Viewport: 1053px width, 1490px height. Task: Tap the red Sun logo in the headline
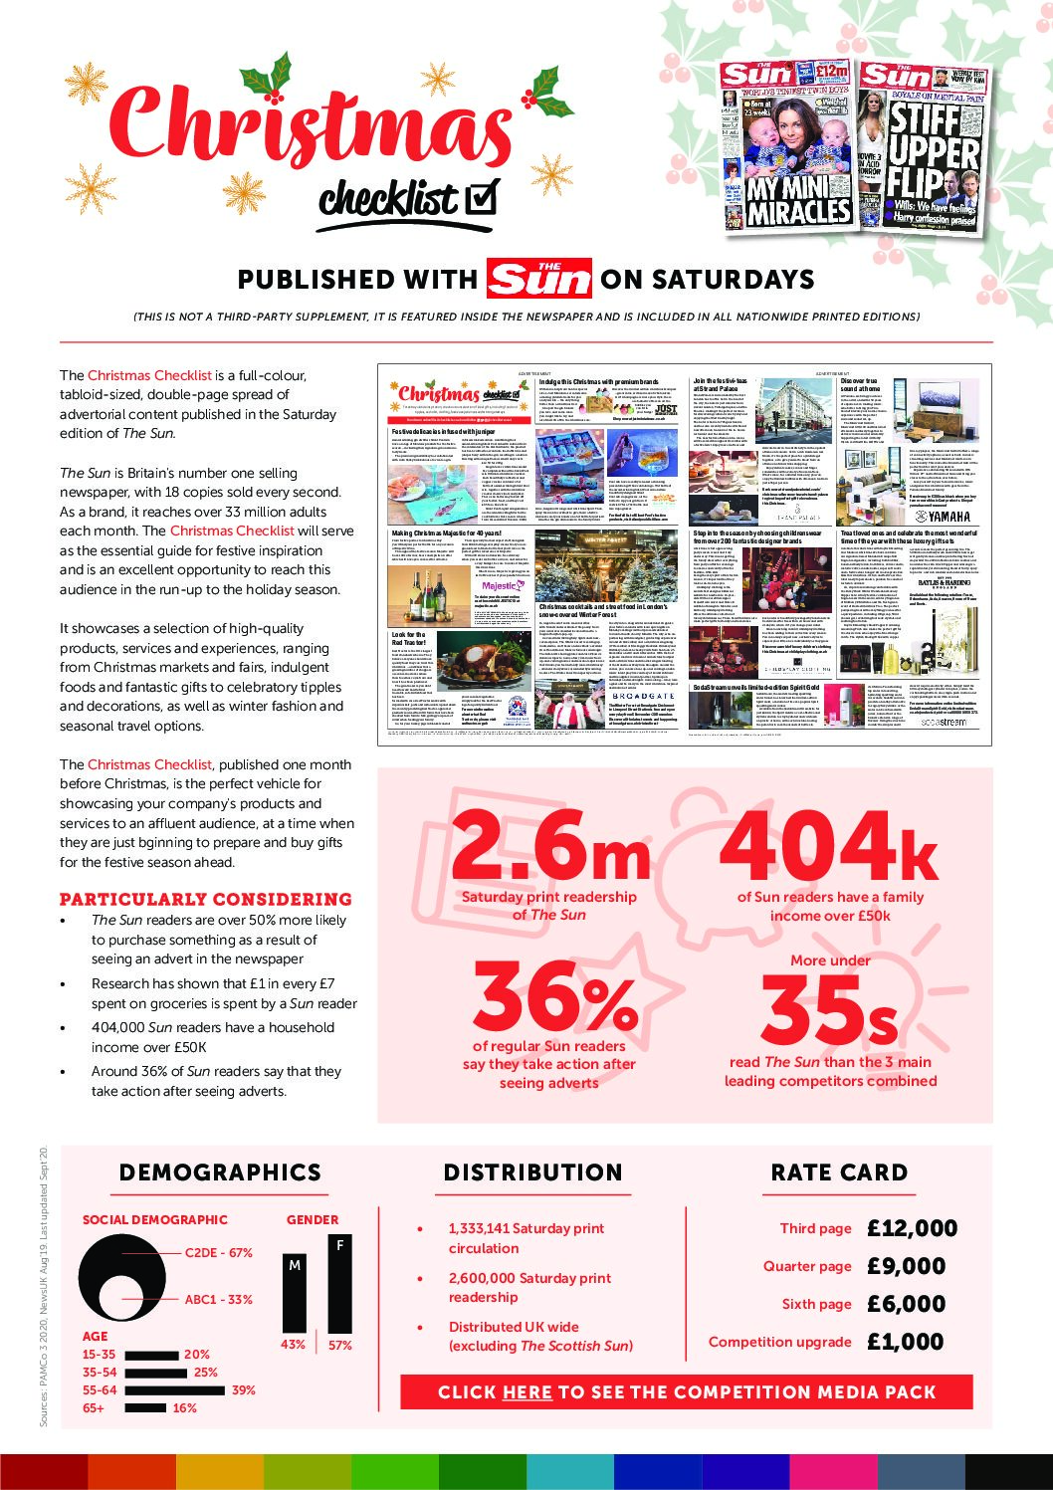[x=539, y=279]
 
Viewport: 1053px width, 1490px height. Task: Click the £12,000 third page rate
[x=912, y=1228]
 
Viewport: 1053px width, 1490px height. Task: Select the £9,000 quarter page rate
[x=906, y=1266]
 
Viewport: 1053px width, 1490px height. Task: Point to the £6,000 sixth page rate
[x=906, y=1304]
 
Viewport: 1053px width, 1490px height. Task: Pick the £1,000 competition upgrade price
[x=906, y=1342]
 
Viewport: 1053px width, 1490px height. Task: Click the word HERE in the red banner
[x=527, y=1392]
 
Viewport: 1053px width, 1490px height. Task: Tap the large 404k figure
[x=827, y=845]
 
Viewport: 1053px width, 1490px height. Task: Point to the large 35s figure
[x=829, y=1008]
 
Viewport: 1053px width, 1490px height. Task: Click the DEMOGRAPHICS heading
[x=220, y=1172]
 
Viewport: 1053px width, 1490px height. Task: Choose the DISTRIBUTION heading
[x=532, y=1172]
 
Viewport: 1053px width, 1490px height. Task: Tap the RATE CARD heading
[x=839, y=1172]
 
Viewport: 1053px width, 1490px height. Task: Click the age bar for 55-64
[x=175, y=1390]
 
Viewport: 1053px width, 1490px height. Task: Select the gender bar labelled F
[x=339, y=1284]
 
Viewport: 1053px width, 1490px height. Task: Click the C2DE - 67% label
[x=219, y=1253]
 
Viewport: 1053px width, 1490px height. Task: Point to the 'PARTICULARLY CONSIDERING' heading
[x=206, y=899]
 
